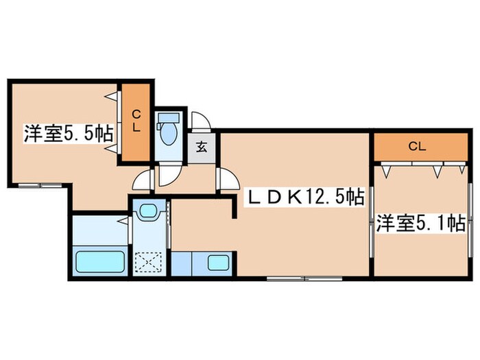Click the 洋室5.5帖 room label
click(x=69, y=133)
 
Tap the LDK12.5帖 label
click(x=304, y=198)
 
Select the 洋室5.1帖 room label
click(x=420, y=223)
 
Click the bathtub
click(x=99, y=262)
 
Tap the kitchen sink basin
click(x=218, y=263)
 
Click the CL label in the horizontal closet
click(x=416, y=146)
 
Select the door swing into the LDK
click(x=225, y=179)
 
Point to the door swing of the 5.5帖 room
click(x=142, y=180)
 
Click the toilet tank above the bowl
click(x=167, y=118)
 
